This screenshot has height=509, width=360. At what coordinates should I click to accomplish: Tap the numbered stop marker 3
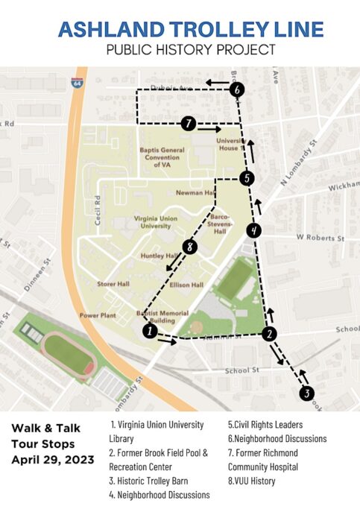point(306,393)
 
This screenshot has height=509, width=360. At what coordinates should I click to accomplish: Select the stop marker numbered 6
point(237,89)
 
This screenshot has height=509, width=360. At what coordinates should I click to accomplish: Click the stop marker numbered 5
point(247,178)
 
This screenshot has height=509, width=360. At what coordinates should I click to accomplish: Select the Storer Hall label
point(114,284)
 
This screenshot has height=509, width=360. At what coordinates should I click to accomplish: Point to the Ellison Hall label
point(186,285)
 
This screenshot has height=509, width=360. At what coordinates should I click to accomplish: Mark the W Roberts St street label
point(320,238)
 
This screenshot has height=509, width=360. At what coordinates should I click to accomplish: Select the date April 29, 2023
point(52,460)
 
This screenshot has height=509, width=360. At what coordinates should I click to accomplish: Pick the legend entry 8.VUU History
point(250,481)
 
